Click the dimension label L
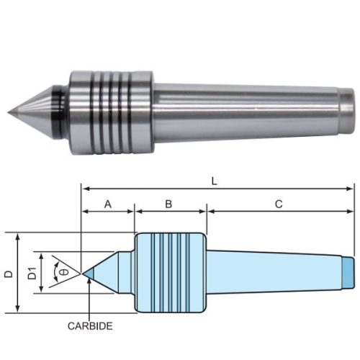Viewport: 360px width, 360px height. click(x=214, y=181)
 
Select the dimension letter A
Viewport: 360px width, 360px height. click(x=108, y=204)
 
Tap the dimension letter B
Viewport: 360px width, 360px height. click(x=168, y=204)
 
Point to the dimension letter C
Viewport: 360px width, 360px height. click(x=278, y=204)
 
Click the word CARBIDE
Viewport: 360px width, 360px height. click(x=90, y=326)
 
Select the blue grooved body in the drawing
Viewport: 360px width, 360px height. click(x=170, y=274)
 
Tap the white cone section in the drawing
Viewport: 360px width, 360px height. click(x=112, y=273)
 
